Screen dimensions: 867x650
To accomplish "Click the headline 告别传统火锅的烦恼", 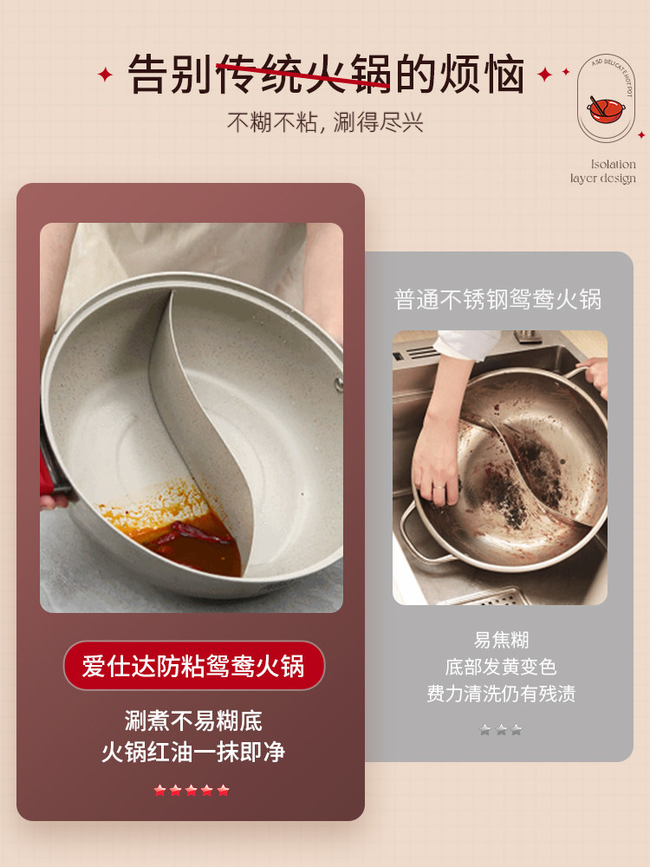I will click(326, 74).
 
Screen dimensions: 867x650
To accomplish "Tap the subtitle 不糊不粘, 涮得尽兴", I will click(325, 122).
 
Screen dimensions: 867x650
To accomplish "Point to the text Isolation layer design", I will click(603, 172).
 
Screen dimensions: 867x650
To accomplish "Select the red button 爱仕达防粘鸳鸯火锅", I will click(193, 666).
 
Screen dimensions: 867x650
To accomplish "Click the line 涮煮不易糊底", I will click(193, 720).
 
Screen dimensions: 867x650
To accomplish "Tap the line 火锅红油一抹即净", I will click(193, 752).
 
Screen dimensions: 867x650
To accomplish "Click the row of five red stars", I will click(192, 790).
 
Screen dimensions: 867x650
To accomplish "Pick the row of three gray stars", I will click(501, 730).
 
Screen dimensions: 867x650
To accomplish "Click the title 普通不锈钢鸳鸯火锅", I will click(497, 300).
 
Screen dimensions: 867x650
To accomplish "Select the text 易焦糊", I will click(501, 640).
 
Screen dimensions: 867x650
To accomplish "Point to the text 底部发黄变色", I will click(501, 667).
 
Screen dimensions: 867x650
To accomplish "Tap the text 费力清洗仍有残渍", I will click(501, 694).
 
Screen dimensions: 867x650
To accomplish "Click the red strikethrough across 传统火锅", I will click(303, 75).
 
